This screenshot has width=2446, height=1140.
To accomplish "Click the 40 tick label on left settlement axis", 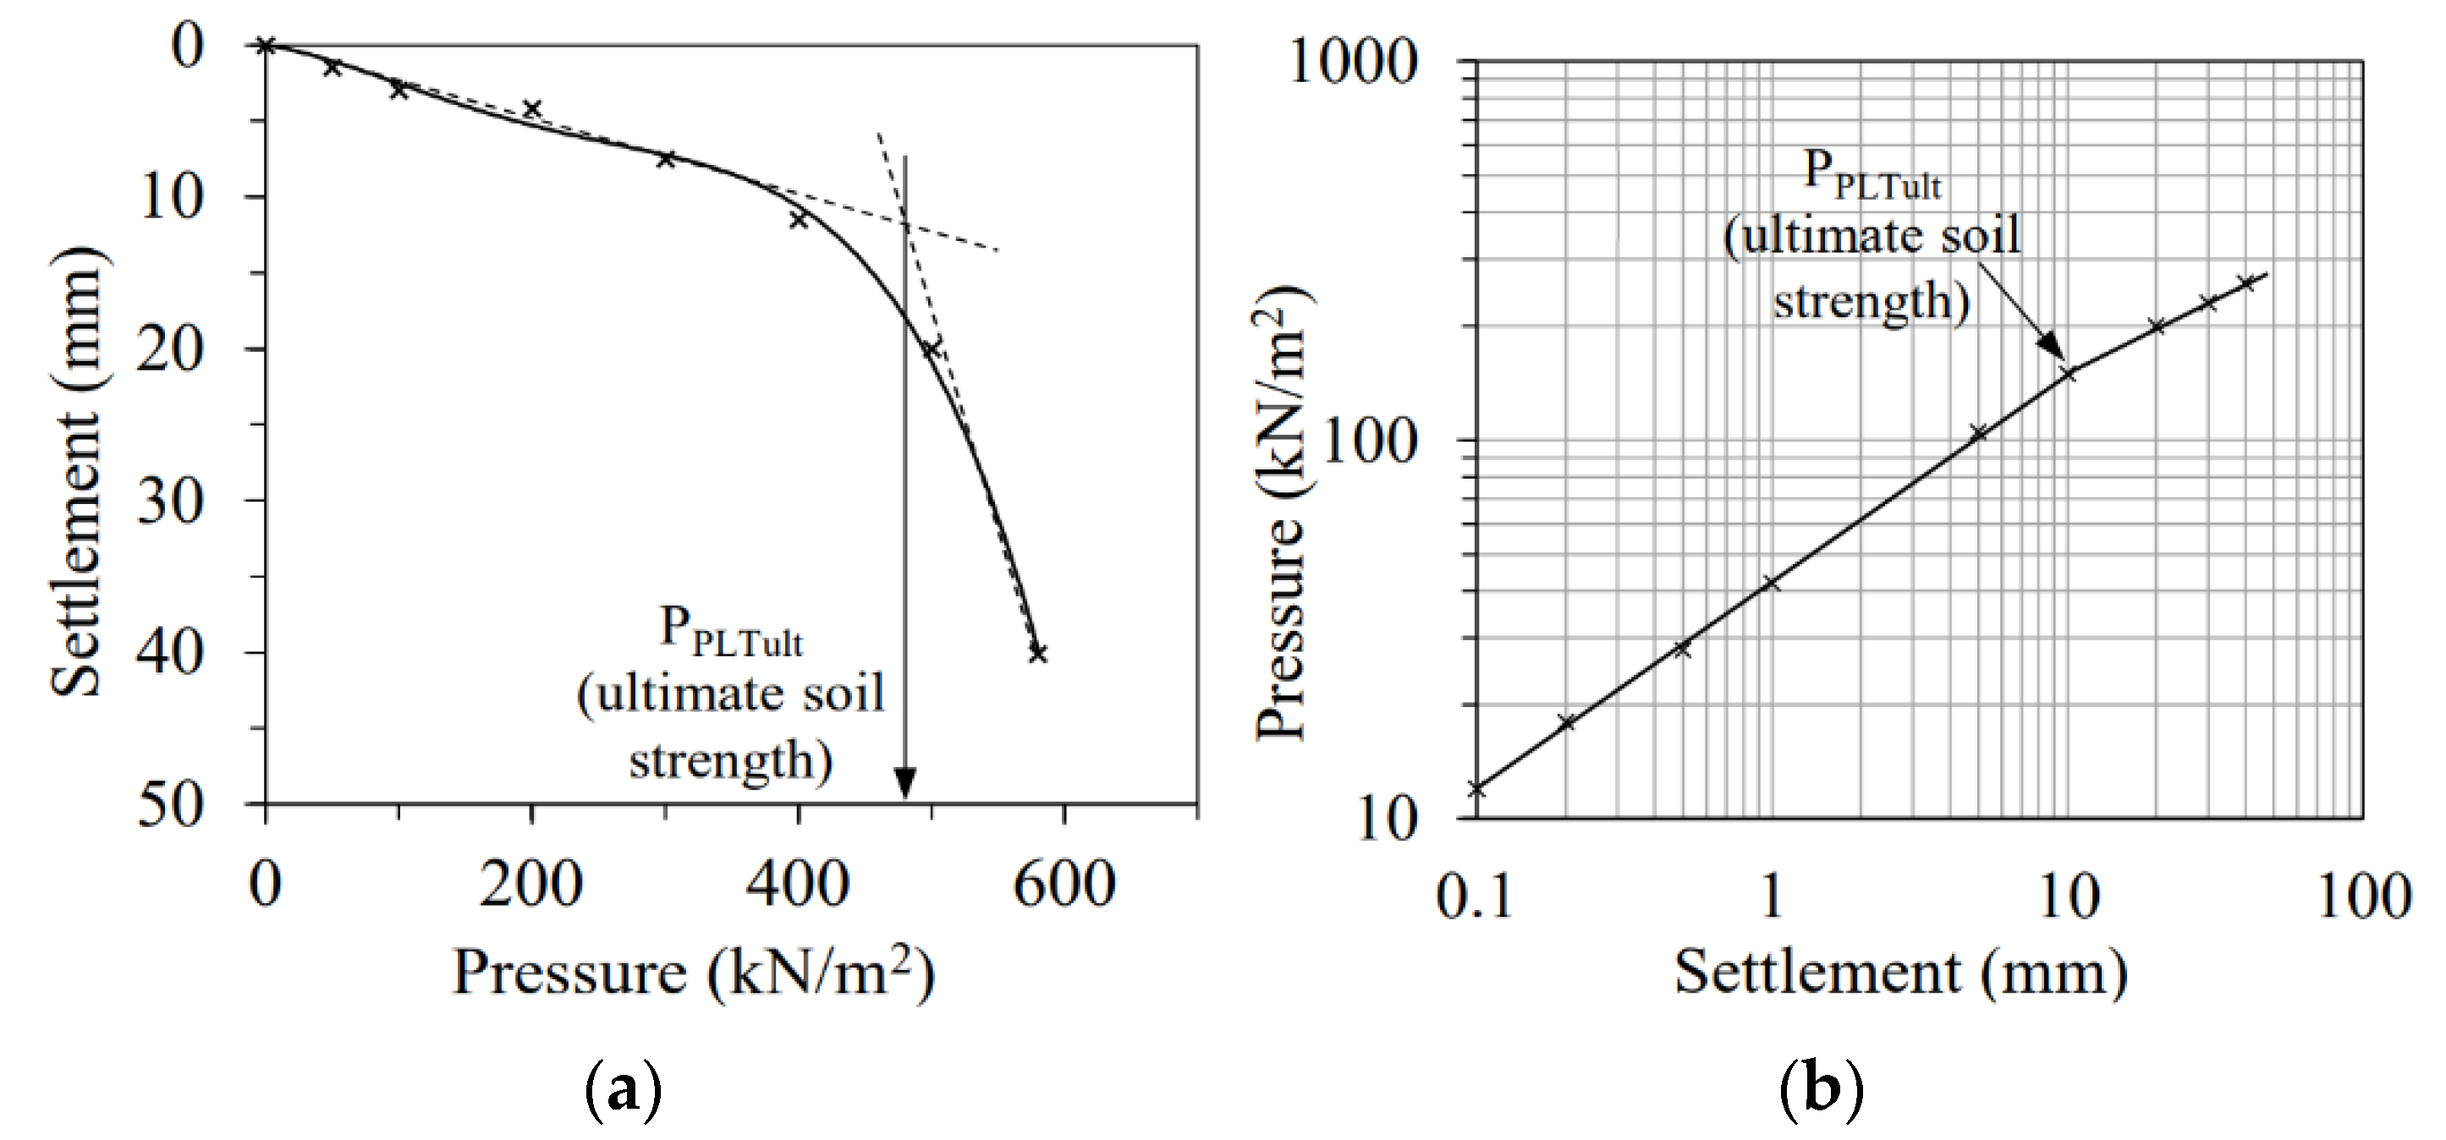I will [171, 654].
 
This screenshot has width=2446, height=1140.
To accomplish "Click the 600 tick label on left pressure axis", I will [1064, 885].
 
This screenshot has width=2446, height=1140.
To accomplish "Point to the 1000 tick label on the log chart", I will [1352, 63].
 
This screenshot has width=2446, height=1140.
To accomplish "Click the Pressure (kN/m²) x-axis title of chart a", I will [693, 973].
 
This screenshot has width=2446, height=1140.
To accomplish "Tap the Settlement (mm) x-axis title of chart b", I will [1900, 973].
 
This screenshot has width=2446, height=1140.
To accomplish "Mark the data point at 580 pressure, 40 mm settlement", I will [1037, 653].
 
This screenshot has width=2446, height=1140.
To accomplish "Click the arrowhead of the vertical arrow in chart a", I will [905, 784].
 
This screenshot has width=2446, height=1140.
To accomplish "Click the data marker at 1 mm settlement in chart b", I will [1770, 583].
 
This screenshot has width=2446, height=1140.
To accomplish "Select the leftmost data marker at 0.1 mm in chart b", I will [1476, 788].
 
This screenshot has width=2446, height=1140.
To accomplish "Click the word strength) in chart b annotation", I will [1872, 302].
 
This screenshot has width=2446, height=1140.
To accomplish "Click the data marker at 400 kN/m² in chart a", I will [799, 219].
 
